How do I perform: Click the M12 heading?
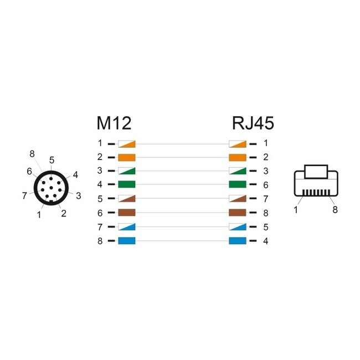[x=114, y=123]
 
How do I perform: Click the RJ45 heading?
[x=253, y=123]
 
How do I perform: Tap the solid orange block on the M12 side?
[x=127, y=157]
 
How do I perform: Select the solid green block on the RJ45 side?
[x=238, y=184]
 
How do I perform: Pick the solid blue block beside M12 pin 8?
[x=127, y=241]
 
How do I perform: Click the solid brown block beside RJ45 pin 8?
[x=238, y=213]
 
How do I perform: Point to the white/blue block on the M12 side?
[x=127, y=227]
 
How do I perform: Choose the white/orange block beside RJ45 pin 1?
[x=238, y=143]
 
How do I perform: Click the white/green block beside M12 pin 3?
[x=127, y=171]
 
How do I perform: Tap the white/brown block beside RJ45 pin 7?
[x=238, y=199]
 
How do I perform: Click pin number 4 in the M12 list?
[x=100, y=184]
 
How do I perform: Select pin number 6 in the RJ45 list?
[x=265, y=184]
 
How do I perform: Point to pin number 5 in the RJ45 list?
[x=265, y=227]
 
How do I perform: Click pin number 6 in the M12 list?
[x=100, y=213]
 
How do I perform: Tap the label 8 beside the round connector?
[x=32, y=153]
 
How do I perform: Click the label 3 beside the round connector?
[x=78, y=195]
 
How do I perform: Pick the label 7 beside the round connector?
[x=24, y=195]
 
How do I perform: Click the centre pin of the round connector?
[x=51, y=189]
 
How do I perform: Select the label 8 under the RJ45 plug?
[x=335, y=210]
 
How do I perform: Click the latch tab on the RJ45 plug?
[x=316, y=171]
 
